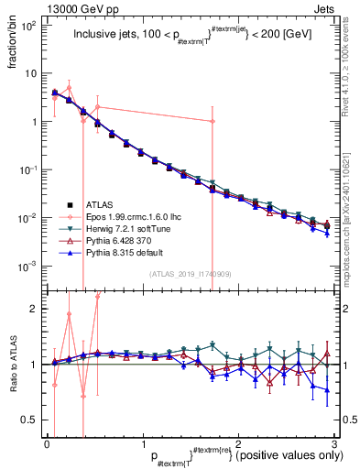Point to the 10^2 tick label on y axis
click(x=27, y=26)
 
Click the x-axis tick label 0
click(x=47, y=443)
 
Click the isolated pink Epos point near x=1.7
click(x=213, y=121)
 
